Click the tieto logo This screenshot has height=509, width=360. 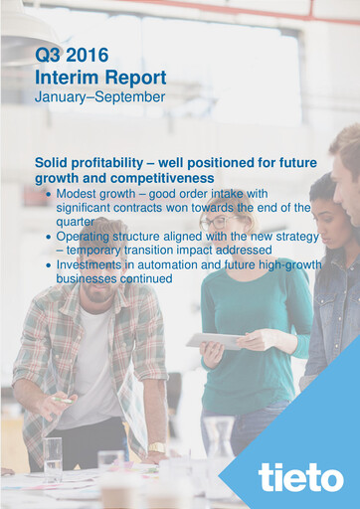point(300,477)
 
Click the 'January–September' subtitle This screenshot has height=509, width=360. point(98,97)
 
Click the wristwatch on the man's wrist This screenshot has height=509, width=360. point(157,448)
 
